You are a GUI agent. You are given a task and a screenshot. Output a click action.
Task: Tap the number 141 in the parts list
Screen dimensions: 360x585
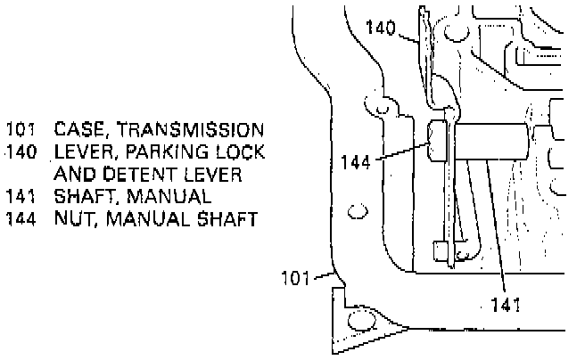tap(22, 195)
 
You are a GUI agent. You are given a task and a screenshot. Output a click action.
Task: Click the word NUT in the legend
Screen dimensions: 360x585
tap(70, 218)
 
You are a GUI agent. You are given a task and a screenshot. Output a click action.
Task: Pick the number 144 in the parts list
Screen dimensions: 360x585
tap(22, 218)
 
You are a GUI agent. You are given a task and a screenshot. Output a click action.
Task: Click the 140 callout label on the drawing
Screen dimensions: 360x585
tap(381, 29)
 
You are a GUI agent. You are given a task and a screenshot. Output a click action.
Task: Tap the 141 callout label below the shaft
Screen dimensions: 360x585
tap(505, 306)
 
